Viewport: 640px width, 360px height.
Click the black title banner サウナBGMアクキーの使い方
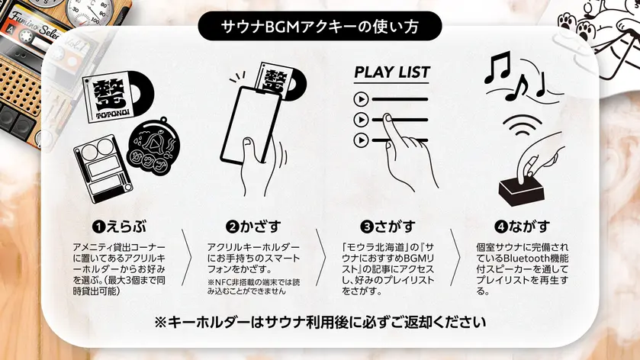[x=320, y=27]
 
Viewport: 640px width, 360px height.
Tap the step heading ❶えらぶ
[x=119, y=227]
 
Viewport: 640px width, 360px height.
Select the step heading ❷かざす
[x=253, y=227]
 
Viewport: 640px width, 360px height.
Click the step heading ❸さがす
[x=388, y=227]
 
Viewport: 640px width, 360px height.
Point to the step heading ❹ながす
[x=522, y=227]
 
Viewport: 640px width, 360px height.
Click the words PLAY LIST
[x=392, y=72]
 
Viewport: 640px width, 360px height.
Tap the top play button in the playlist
[x=361, y=99]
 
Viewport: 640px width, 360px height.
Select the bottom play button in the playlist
[x=361, y=140]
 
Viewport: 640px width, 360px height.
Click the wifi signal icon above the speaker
[x=523, y=125]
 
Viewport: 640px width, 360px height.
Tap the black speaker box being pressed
[x=522, y=191]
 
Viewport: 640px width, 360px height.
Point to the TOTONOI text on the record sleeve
[x=112, y=114]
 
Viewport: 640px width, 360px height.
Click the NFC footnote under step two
[x=253, y=287]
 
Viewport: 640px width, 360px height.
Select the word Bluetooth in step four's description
[x=525, y=259]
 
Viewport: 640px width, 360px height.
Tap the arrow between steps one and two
[x=186, y=258]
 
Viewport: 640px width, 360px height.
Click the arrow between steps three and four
[x=455, y=258]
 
